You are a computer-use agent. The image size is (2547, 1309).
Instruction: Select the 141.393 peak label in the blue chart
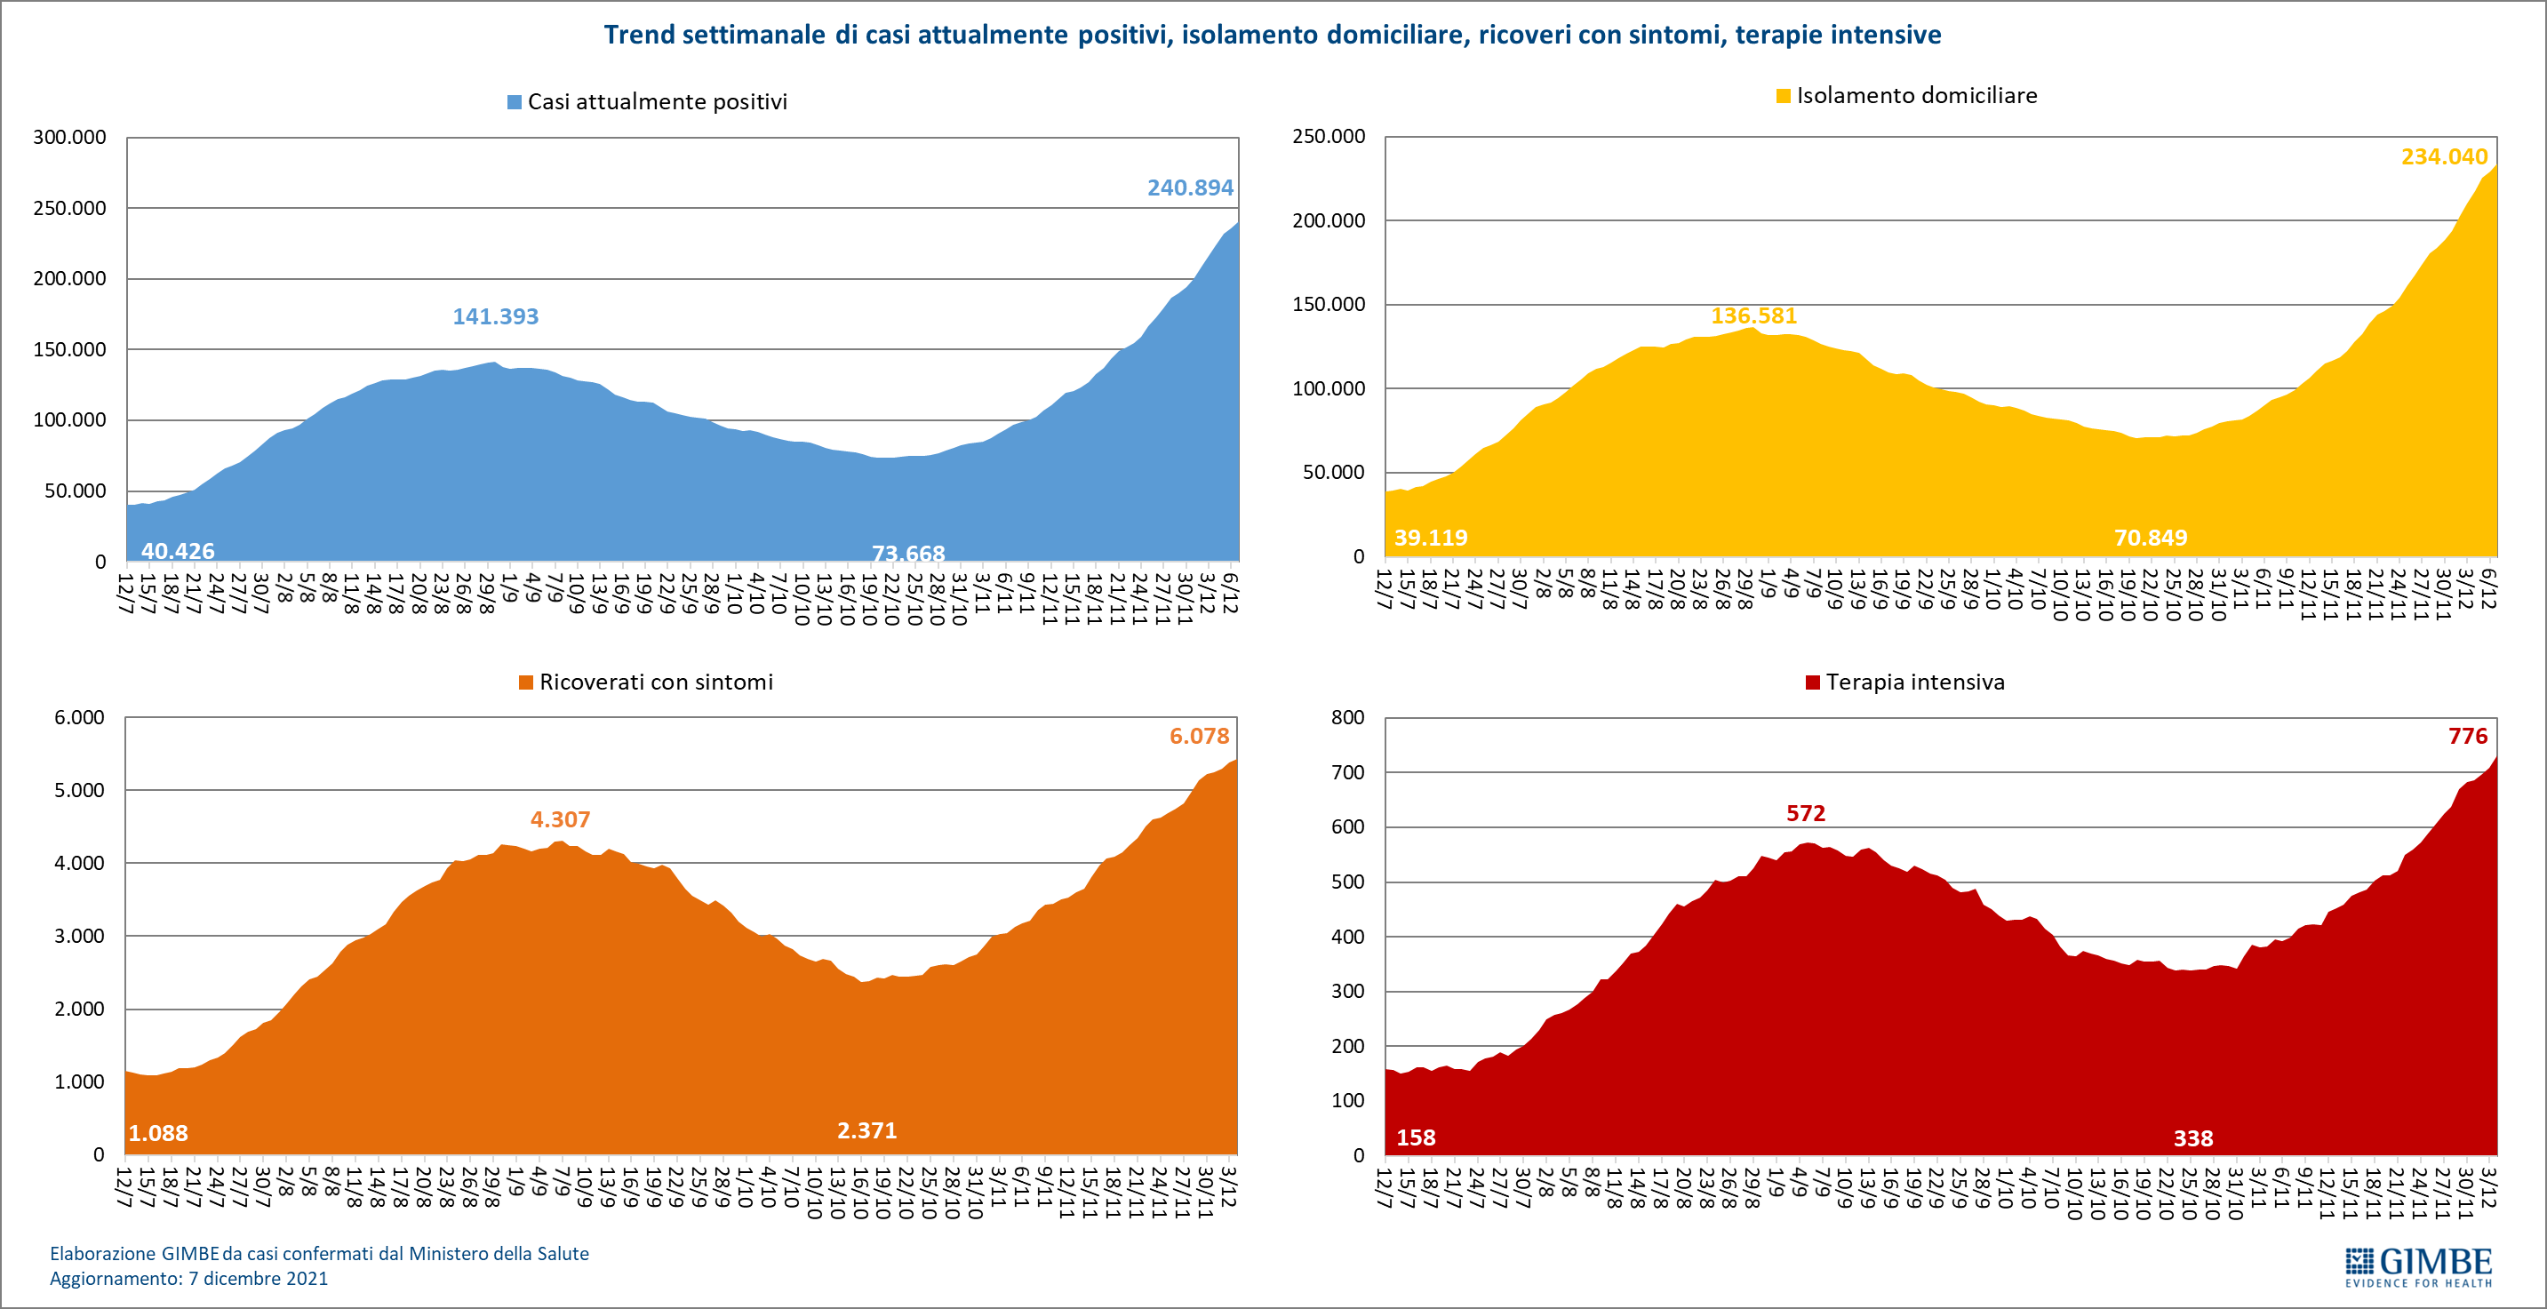[495, 316]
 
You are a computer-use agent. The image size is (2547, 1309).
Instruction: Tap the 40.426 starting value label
[178, 551]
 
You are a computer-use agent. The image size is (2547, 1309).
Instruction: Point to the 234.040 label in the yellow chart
[2444, 156]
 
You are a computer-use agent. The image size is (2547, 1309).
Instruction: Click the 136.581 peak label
[1753, 316]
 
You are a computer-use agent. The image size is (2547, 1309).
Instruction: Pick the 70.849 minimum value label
[2151, 538]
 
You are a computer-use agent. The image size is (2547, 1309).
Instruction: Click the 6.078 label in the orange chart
[1200, 736]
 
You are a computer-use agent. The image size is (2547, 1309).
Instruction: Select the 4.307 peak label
[560, 819]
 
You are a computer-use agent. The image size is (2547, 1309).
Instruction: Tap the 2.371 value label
[867, 1130]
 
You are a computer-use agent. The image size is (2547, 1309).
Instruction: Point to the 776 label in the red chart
[2468, 736]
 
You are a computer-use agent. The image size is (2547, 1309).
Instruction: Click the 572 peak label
[1806, 814]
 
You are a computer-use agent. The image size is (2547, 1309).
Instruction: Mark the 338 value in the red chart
[2193, 1139]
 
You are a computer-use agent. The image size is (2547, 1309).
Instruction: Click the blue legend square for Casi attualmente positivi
[515, 102]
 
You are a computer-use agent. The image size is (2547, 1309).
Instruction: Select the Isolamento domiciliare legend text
[1916, 96]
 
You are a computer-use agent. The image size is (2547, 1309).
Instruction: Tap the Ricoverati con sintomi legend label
[656, 682]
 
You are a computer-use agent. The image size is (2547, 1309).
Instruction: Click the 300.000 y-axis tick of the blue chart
[69, 138]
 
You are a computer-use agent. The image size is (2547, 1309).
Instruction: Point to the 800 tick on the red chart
[1347, 718]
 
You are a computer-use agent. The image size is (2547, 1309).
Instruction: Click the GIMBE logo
[2418, 1266]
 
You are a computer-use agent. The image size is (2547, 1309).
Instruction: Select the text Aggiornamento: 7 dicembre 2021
[189, 1279]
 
